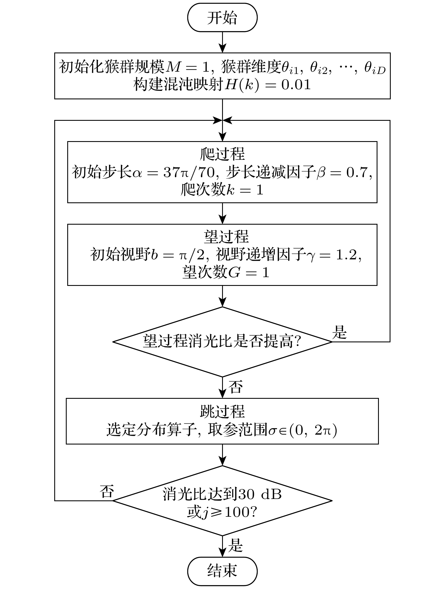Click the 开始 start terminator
pos(222,17)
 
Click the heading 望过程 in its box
pos(226,237)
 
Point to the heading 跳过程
pos(222,411)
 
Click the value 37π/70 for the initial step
pos(189,172)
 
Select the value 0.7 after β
pos(357,172)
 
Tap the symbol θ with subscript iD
pos(375,69)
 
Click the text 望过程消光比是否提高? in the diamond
pos(222,342)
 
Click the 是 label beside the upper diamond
pos(339,332)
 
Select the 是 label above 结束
pos(235,546)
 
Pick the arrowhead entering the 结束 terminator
pos(223,553)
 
